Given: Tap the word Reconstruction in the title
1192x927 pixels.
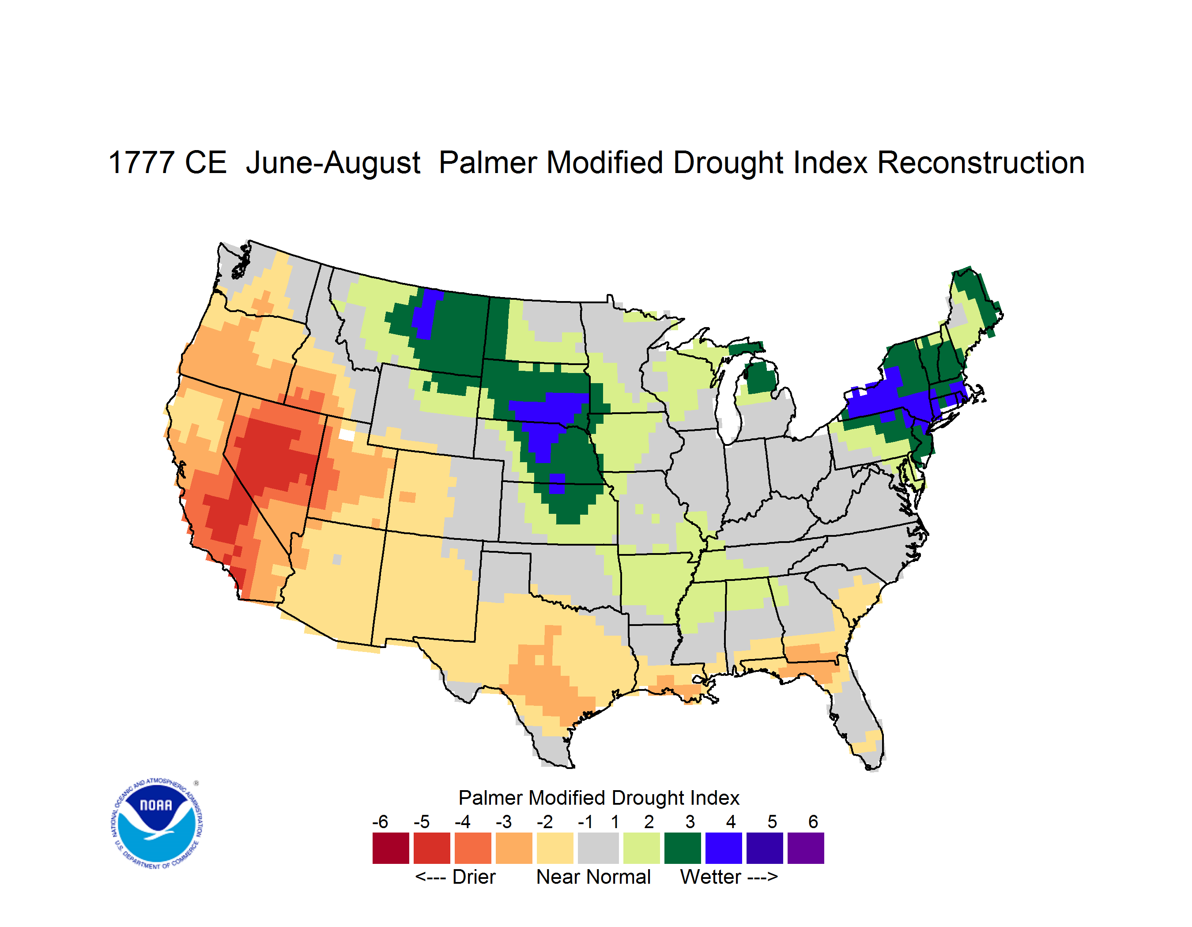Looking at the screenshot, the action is coord(981,162).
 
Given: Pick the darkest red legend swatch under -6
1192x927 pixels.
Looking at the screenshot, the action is coord(391,848).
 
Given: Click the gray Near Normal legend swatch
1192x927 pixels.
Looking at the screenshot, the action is coord(598,848).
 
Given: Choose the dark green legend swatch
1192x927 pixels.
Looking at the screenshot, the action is coord(682,848).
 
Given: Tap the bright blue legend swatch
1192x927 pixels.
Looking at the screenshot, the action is coord(724,848).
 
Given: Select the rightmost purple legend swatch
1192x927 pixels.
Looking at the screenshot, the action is coord(806,848).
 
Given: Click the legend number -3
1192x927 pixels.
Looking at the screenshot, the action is coord(504,821).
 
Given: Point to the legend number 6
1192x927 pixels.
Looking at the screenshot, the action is coord(813,821).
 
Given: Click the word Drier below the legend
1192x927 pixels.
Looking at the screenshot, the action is coord(474,877).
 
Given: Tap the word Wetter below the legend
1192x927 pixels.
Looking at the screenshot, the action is coord(710,877).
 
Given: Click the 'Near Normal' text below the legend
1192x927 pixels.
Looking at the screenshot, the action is coord(593,877).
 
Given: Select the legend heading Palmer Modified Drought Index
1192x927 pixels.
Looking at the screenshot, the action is coord(599,798).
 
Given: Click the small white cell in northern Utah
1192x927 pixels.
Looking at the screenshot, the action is coord(347,434).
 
